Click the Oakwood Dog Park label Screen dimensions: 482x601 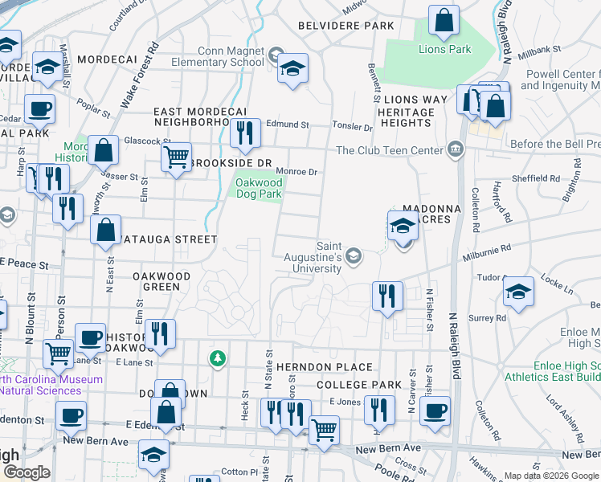[x=259, y=188]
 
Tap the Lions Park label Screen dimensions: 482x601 [x=444, y=49]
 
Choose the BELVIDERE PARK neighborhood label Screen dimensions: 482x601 [x=345, y=26]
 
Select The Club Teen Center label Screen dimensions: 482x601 [x=390, y=150]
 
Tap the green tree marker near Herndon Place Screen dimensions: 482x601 [x=216, y=357]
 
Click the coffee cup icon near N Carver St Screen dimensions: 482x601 [x=435, y=411]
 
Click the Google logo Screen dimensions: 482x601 [x=26, y=472]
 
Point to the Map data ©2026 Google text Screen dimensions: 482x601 [x=550, y=476]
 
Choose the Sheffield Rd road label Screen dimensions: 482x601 [x=538, y=178]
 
